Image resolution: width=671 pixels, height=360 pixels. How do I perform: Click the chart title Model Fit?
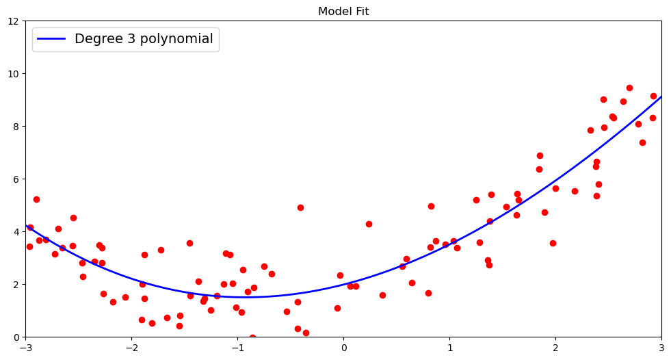[x=343, y=11]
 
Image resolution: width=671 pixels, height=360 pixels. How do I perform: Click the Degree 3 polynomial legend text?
[x=144, y=39]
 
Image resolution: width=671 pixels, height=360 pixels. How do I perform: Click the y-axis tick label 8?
[x=18, y=126]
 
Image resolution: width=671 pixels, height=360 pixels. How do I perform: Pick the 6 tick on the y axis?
[x=18, y=179]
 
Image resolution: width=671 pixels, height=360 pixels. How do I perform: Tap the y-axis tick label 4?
[x=18, y=231]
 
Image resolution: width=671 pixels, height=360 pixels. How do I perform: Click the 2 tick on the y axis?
[x=18, y=284]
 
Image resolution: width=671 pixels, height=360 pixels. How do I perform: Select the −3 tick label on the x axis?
[x=26, y=348]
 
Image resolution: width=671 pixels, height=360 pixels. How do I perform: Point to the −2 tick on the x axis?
[x=131, y=348]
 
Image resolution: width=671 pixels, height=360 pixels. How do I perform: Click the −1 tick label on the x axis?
[x=237, y=348]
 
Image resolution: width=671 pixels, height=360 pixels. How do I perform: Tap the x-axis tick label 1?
[x=449, y=348]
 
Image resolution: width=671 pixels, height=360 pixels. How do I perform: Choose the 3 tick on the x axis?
[x=661, y=348]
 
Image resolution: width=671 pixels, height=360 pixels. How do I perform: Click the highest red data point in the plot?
[x=629, y=88]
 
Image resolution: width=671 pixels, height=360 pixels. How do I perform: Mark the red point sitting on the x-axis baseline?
[x=252, y=337]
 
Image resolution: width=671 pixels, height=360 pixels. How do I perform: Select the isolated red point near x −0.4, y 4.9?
[x=300, y=207]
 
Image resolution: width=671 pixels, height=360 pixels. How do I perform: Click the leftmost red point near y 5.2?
[x=36, y=199]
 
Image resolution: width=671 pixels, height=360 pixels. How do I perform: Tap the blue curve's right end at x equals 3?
[x=661, y=97]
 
